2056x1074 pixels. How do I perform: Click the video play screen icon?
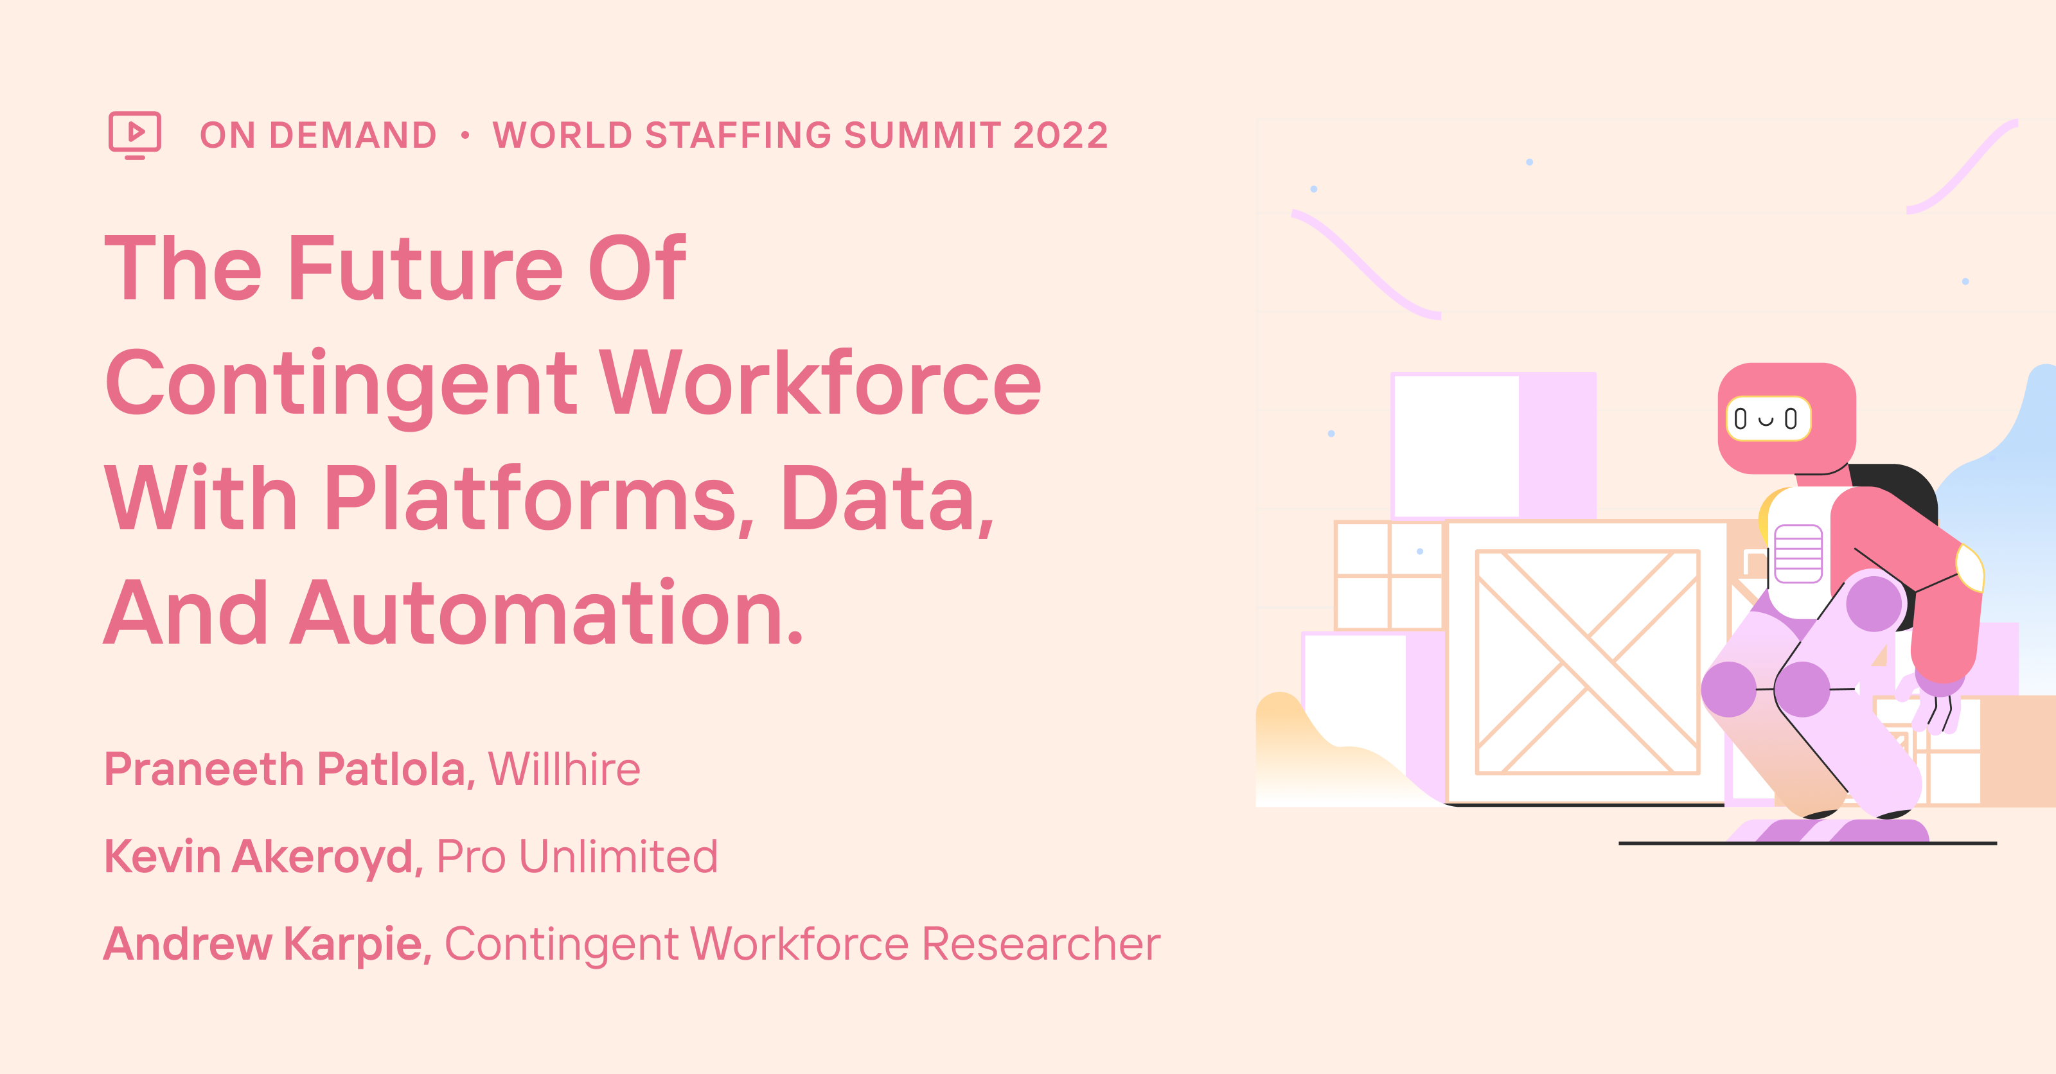point(135,134)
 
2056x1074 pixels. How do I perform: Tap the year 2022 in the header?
point(1061,136)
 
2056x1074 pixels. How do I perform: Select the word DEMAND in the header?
point(353,136)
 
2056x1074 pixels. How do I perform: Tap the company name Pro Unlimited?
point(577,857)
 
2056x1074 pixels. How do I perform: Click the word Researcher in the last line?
point(1041,944)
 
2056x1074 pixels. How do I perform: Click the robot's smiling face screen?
point(1768,419)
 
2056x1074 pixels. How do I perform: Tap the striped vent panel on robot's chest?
point(1798,554)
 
